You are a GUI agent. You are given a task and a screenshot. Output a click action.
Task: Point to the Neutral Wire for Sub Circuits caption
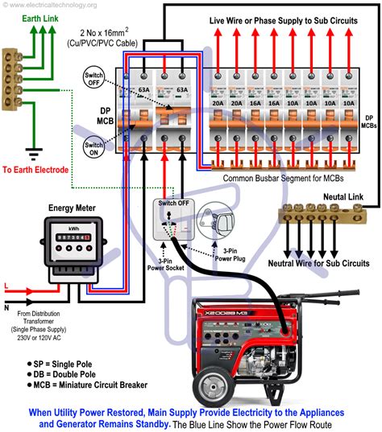tap(318, 263)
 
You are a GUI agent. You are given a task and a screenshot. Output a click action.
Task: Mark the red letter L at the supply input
tap(8, 286)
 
